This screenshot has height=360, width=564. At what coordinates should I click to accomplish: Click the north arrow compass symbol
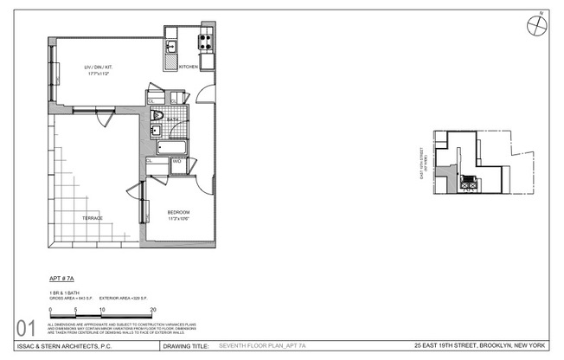(x=537, y=24)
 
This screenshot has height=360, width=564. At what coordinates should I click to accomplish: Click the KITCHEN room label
(x=189, y=67)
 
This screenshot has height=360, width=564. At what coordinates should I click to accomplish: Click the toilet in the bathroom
(x=157, y=115)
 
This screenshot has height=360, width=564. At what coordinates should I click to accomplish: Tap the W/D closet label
(x=176, y=161)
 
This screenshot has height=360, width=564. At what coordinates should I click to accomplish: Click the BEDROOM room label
(x=178, y=212)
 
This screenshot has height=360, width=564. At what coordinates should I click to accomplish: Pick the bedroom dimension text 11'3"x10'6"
(x=178, y=219)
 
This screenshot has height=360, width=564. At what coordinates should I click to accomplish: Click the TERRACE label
(x=93, y=217)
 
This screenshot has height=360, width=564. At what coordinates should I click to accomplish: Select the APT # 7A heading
(x=63, y=280)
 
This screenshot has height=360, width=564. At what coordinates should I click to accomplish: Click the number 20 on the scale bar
(x=153, y=309)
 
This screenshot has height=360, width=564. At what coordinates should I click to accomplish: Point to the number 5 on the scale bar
(x=76, y=309)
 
